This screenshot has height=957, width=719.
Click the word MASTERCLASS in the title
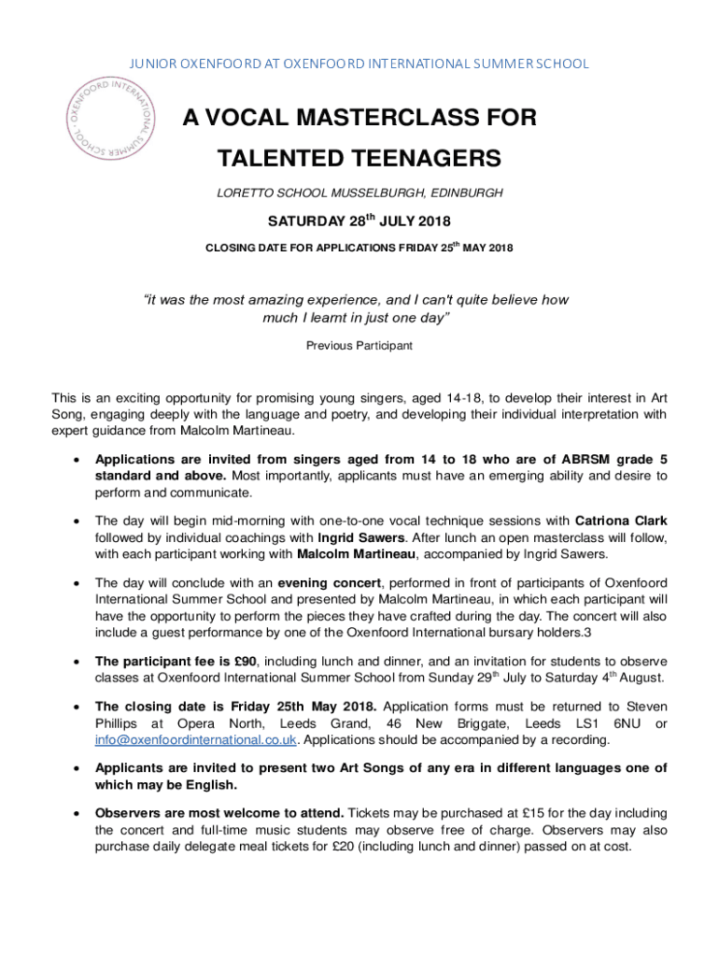[x=359, y=119]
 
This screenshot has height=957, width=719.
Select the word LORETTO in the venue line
[x=242, y=193]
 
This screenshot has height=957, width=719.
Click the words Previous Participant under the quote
[x=359, y=346]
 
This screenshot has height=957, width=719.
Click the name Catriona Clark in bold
[x=621, y=521]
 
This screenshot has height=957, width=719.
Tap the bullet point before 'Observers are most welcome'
[x=76, y=813]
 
